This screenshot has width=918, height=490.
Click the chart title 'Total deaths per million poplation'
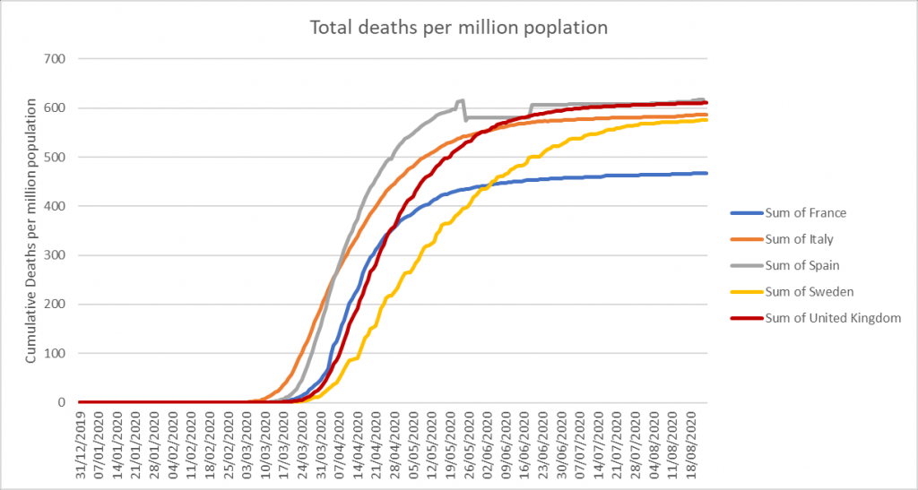click(x=458, y=28)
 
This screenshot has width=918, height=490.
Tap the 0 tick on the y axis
click(x=66, y=402)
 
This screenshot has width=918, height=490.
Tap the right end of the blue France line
click(x=707, y=173)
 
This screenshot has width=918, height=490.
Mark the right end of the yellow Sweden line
click(x=707, y=119)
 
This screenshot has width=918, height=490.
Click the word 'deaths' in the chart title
click(x=377, y=28)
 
